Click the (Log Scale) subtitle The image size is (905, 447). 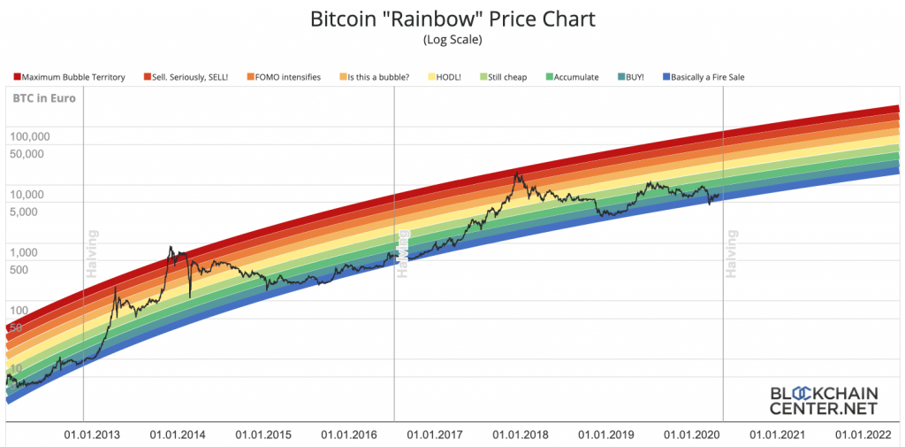(452, 40)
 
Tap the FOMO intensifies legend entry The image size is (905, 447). (284, 78)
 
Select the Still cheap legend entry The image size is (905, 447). (503, 78)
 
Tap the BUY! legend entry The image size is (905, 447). (629, 78)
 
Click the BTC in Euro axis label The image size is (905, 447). (44, 98)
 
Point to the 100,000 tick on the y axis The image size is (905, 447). (30, 138)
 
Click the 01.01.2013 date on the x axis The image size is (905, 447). (92, 435)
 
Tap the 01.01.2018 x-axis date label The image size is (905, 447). (521, 435)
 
